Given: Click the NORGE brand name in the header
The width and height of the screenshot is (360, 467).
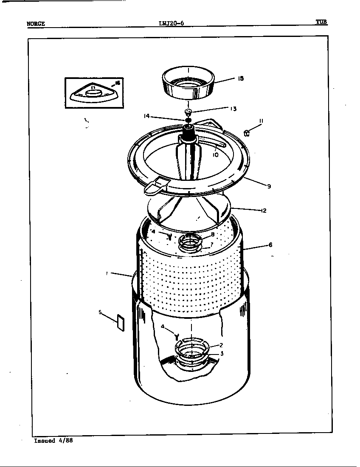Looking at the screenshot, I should [x=36, y=24].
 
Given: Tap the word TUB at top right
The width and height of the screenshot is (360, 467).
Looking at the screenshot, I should [x=321, y=22].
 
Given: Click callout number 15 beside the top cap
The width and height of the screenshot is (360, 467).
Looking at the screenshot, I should [x=241, y=78].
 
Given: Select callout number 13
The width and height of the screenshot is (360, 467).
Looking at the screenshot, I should [x=233, y=109].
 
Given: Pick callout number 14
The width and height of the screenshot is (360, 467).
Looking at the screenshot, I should [x=147, y=116].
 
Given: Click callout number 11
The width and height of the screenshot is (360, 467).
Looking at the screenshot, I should [x=261, y=121].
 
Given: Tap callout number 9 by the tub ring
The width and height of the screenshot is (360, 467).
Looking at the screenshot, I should [x=269, y=186].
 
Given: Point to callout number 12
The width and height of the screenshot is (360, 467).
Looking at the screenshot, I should [x=264, y=211].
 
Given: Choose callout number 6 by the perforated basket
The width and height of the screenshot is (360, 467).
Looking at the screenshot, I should [x=270, y=245].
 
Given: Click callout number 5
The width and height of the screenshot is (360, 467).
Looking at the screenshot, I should [x=100, y=312].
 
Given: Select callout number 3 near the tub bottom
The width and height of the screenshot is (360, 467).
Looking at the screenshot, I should [x=222, y=353].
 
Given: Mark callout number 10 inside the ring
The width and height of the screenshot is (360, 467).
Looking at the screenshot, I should [x=215, y=155].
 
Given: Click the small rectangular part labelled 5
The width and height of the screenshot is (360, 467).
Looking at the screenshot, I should [x=120, y=323].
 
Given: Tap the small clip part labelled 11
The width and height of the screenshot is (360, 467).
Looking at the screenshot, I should [x=246, y=133].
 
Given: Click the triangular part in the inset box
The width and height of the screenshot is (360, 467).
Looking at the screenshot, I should [x=93, y=93].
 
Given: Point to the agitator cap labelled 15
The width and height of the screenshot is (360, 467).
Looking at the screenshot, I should [x=188, y=84].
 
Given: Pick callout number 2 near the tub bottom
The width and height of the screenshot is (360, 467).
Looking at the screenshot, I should [x=221, y=345].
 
